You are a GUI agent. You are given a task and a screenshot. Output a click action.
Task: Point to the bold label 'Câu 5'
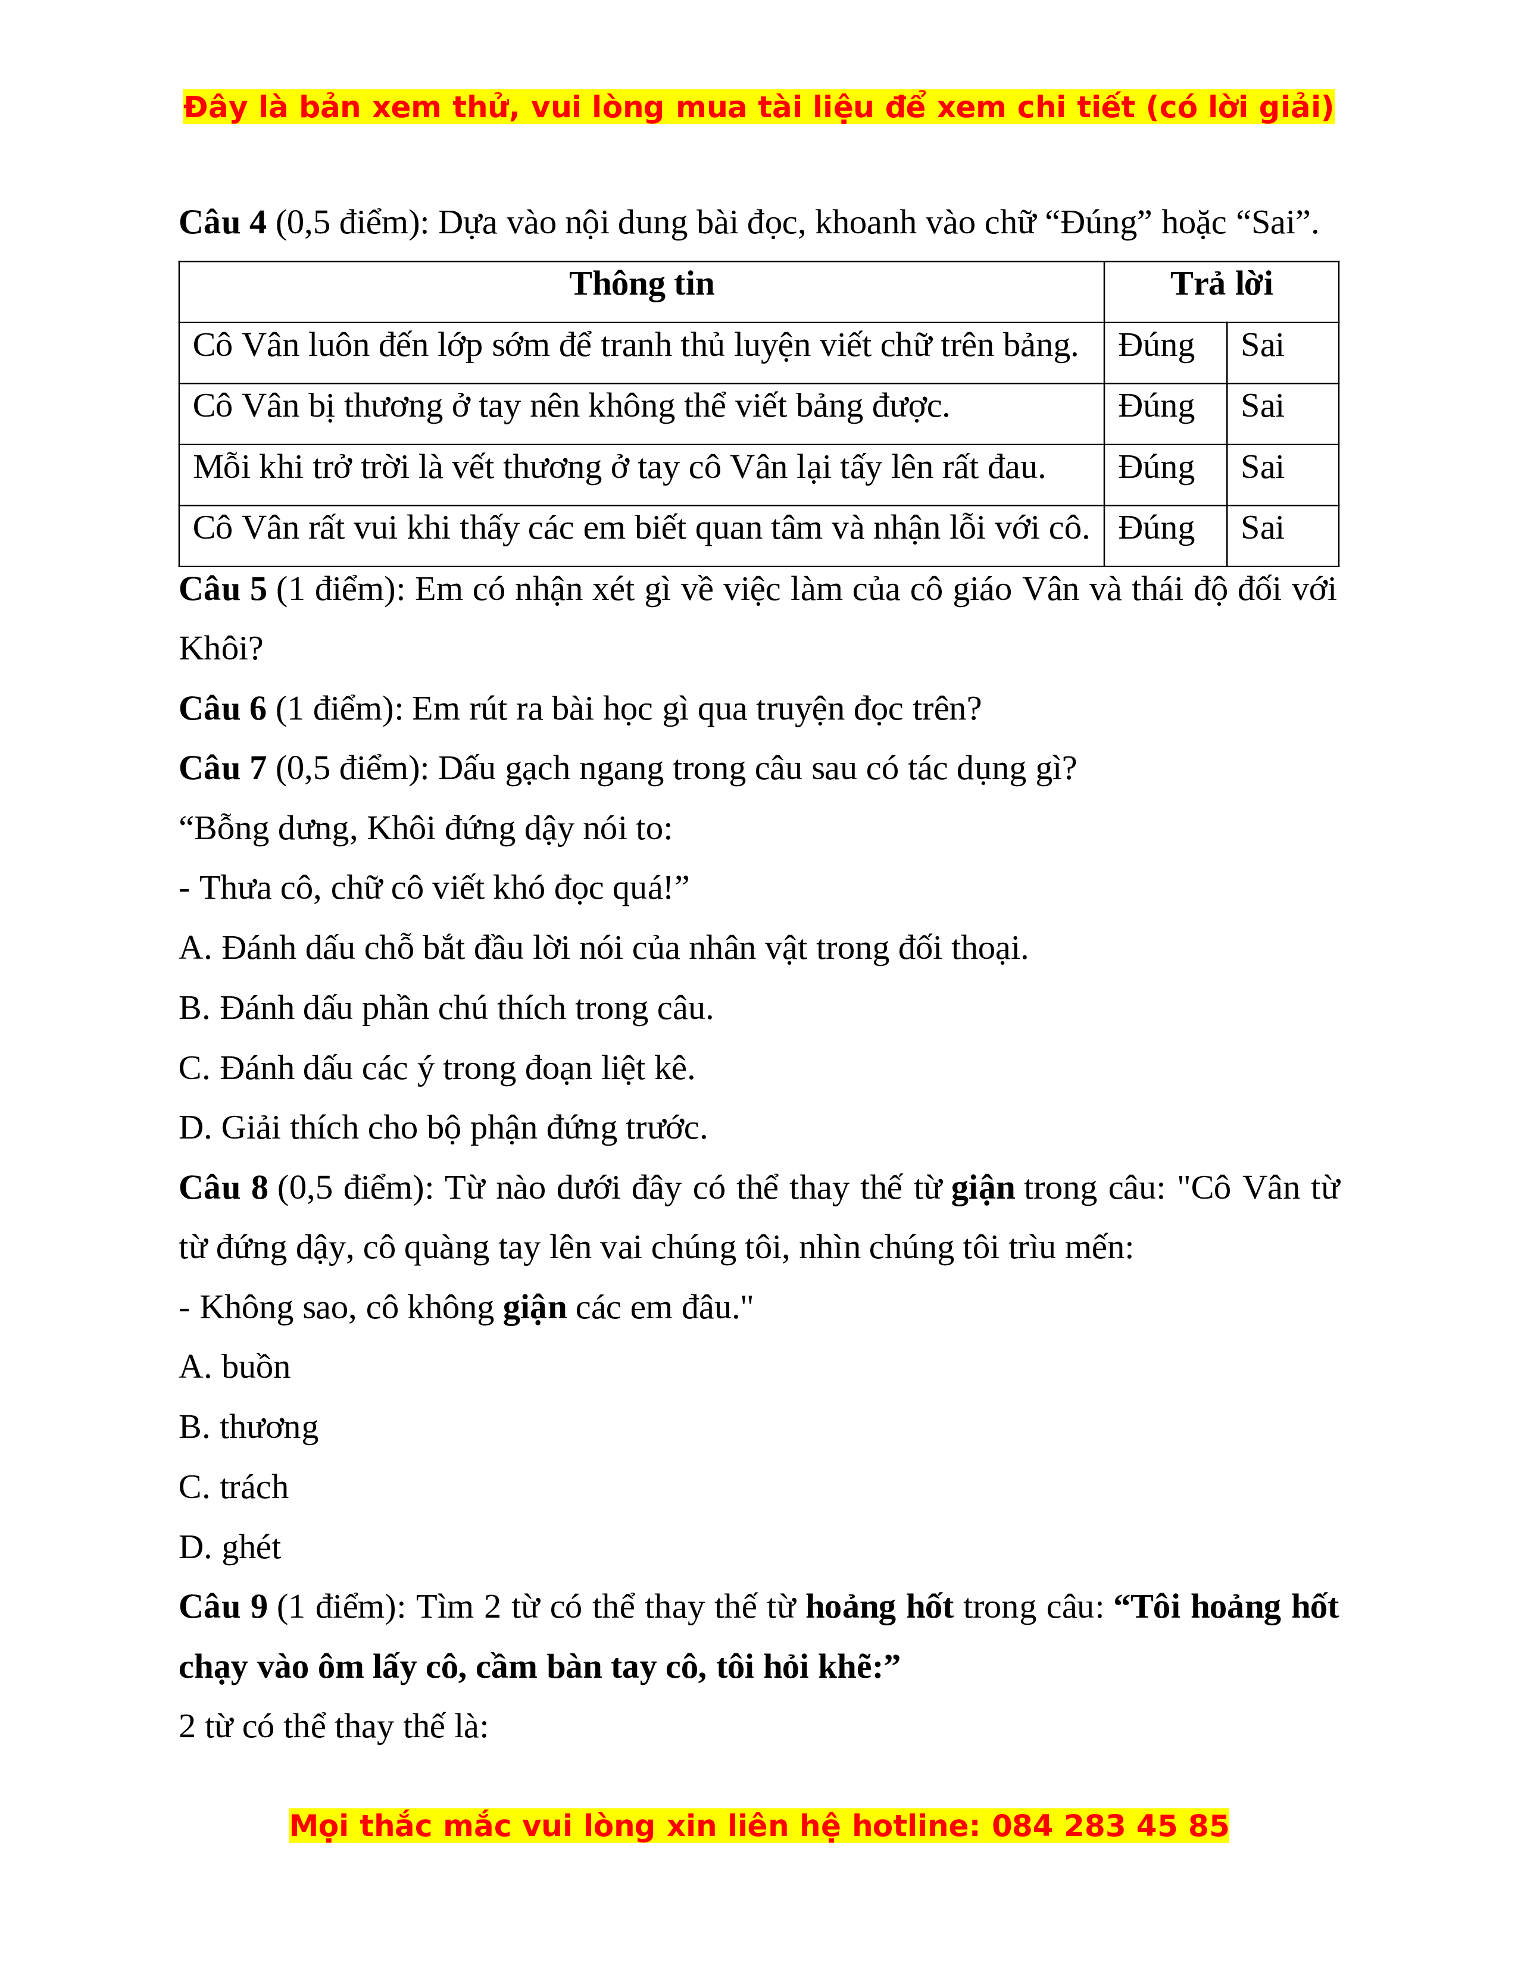coord(222,590)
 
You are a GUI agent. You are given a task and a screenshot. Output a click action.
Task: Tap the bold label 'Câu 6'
coord(222,709)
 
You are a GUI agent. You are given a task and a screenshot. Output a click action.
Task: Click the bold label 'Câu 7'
coord(222,770)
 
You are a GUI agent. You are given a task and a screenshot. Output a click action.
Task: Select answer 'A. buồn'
coord(235,1368)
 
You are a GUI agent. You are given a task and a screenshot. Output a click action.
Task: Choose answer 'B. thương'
coord(248,1428)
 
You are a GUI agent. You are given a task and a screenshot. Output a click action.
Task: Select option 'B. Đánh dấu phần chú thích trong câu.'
coord(446,1009)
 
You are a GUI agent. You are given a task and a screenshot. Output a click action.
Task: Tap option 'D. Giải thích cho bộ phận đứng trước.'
coord(443,1128)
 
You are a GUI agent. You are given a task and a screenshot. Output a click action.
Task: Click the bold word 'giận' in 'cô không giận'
coord(534,1308)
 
